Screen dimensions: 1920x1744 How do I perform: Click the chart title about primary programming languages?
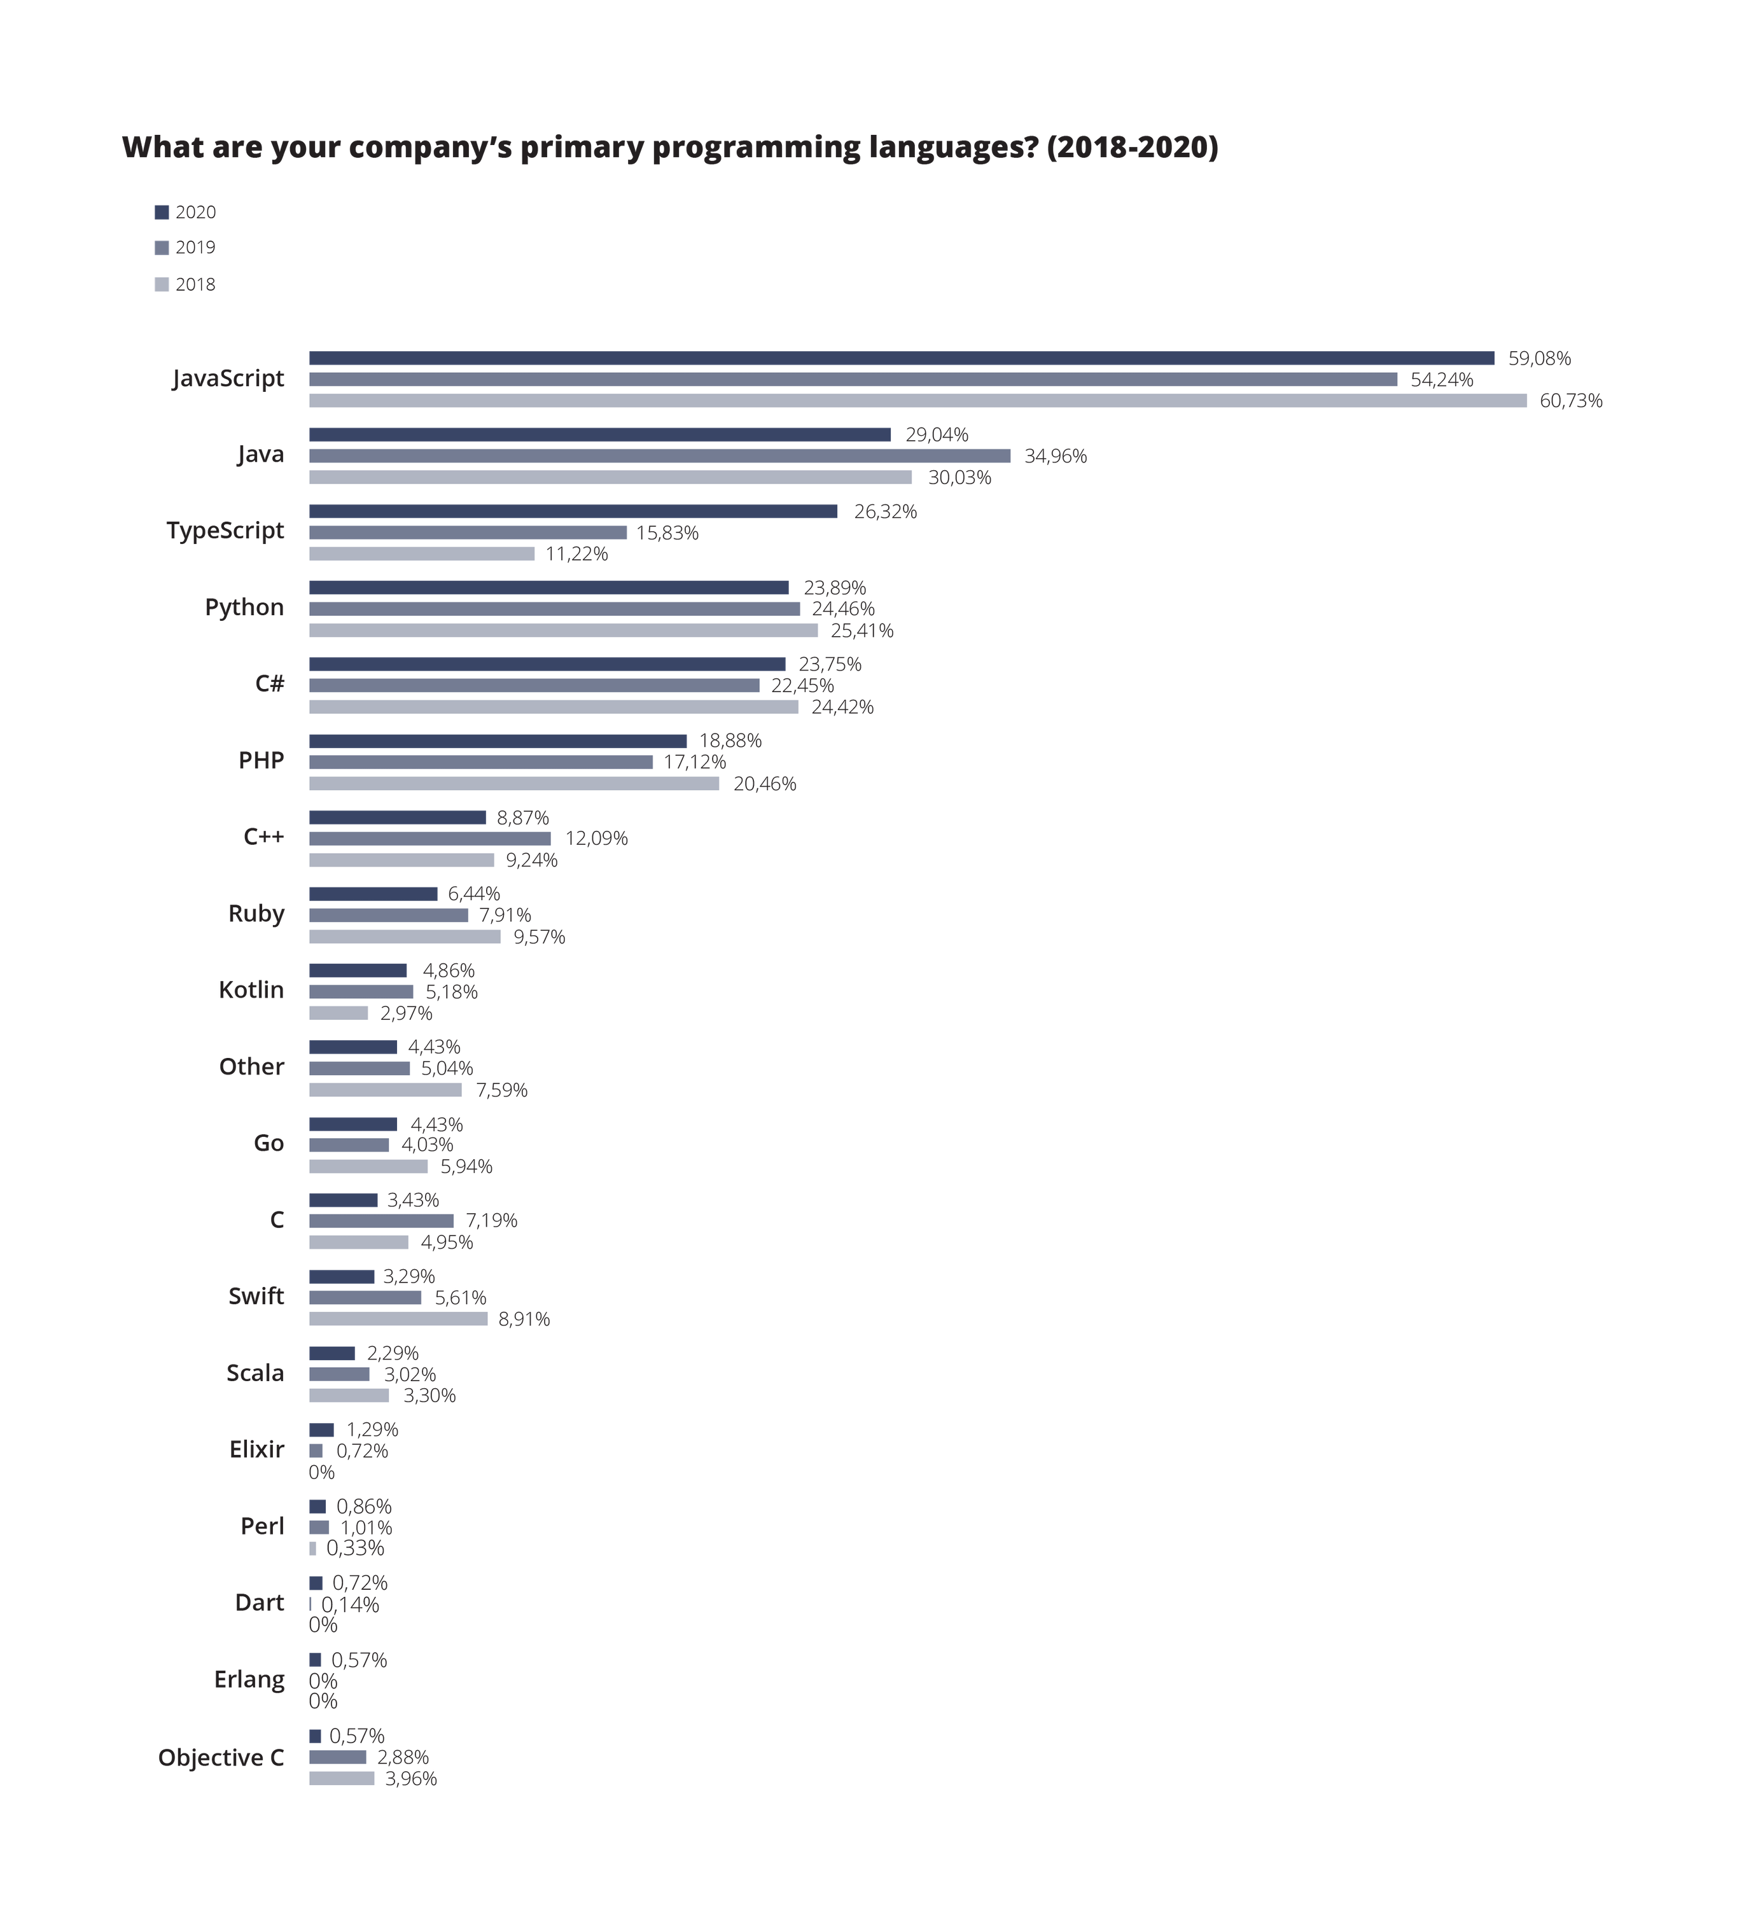(x=669, y=148)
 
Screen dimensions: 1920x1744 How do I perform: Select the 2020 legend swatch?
(x=162, y=212)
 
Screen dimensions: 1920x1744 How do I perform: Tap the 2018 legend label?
(x=195, y=285)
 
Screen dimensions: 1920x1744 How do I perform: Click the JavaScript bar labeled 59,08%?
(x=901, y=358)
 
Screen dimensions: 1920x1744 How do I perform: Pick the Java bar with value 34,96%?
(x=659, y=456)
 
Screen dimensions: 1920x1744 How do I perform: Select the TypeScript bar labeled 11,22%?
(x=421, y=554)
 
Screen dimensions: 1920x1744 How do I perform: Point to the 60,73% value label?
(x=1571, y=401)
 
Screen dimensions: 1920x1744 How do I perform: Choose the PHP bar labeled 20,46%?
(x=514, y=784)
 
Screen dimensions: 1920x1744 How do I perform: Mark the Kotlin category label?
(x=251, y=991)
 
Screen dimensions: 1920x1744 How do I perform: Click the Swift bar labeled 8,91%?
(x=398, y=1319)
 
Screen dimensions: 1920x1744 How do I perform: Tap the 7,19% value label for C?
(x=491, y=1221)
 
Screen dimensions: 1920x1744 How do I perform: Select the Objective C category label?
(x=221, y=1757)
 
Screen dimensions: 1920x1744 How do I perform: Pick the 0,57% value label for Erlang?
(x=359, y=1660)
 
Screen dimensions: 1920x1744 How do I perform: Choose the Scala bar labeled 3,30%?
(x=349, y=1395)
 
